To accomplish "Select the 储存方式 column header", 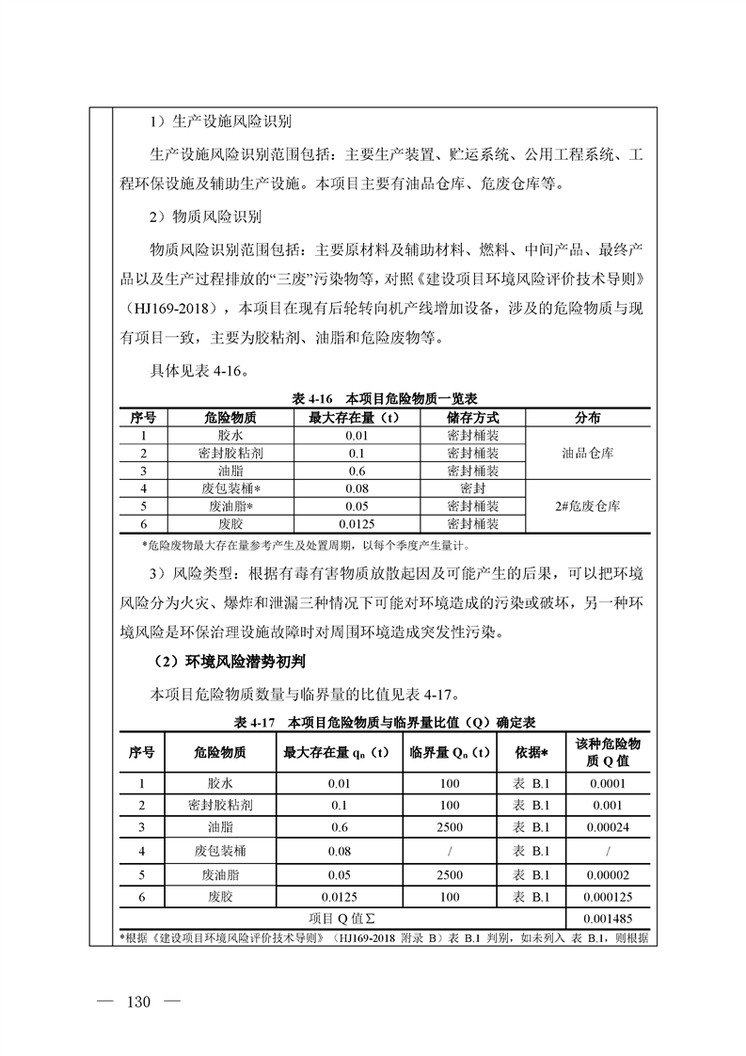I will (473, 417).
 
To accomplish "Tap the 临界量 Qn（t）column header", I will (449, 752).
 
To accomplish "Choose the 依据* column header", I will (532, 752).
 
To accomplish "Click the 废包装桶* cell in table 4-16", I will (230, 488).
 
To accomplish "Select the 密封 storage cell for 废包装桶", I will (473, 488).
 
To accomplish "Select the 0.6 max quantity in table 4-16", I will (357, 471).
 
